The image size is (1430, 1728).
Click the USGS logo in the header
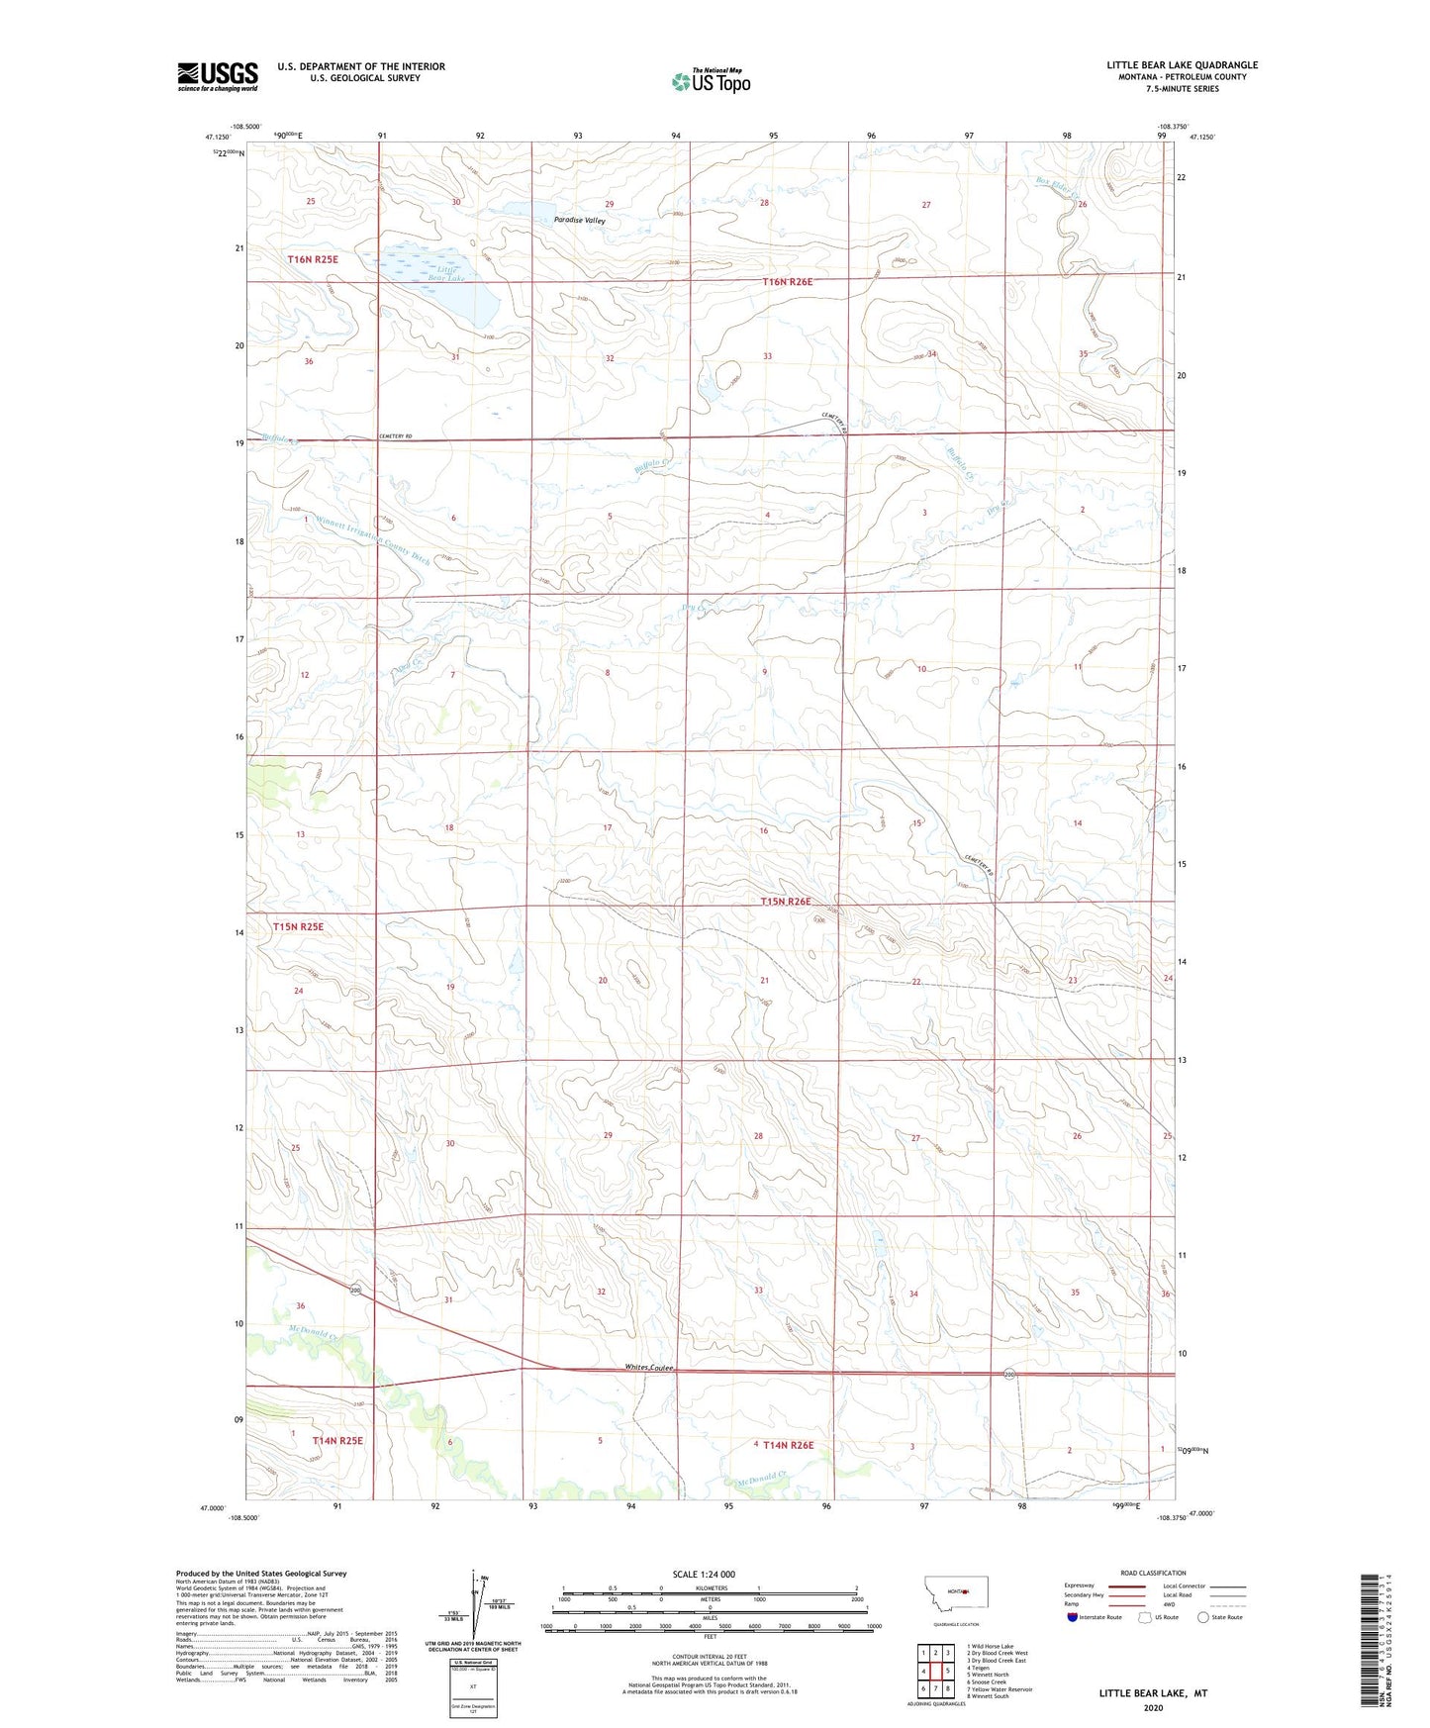(218, 76)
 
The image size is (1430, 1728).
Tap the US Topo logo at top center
(711, 81)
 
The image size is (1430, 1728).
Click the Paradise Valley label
(580, 221)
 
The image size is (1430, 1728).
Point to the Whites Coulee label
(649, 1368)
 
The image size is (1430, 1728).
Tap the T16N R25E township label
(313, 259)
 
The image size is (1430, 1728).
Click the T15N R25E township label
(298, 926)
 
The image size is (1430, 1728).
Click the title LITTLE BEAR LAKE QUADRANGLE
(1182, 65)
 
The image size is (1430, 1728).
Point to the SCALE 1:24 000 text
(704, 1574)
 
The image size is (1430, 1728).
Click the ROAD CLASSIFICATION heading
(1153, 1573)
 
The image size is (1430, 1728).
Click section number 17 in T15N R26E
(608, 827)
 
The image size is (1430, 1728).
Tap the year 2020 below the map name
(1153, 1707)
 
